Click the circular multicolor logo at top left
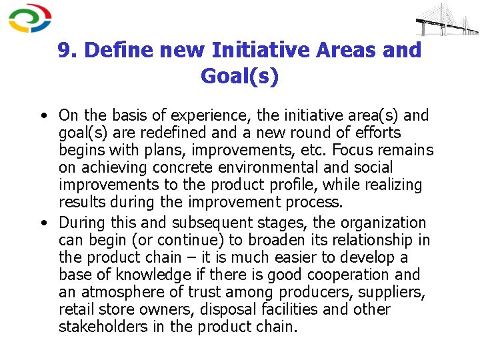(30, 18)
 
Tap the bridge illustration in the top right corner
(447, 20)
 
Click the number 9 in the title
(64, 50)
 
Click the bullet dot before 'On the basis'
(43, 116)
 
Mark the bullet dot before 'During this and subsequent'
(43, 223)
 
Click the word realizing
(392, 185)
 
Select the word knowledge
(149, 275)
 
